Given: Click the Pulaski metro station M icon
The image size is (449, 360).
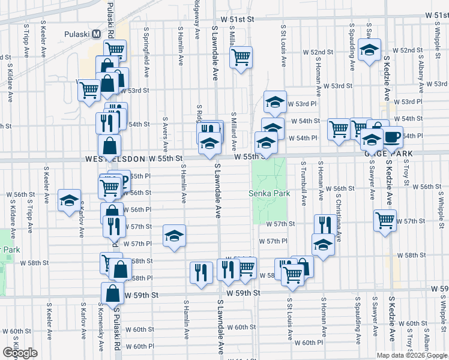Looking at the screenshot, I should pyautogui.click(x=96, y=34).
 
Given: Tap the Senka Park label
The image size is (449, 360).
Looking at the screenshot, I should pyautogui.click(x=270, y=193).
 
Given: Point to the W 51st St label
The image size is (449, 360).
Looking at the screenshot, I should pyautogui.click(x=238, y=19).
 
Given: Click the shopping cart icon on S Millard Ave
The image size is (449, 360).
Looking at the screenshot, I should pyautogui.click(x=241, y=57).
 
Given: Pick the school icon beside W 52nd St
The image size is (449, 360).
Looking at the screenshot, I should pyautogui.click(x=369, y=49).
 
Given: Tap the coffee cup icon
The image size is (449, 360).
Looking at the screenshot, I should pyautogui.click(x=393, y=137).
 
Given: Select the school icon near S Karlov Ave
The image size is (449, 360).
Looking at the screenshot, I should pyautogui.click(x=69, y=200).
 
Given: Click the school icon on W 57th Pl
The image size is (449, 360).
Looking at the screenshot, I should pyautogui.click(x=174, y=235).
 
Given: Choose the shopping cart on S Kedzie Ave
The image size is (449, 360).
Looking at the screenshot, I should pyautogui.click(x=385, y=220).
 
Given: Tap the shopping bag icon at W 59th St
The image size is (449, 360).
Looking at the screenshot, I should pyautogui.click(x=112, y=293).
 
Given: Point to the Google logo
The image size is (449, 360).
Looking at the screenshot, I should pyautogui.click(x=20, y=353).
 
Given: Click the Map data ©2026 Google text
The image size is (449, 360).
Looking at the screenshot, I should pyautogui.click(x=412, y=355).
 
